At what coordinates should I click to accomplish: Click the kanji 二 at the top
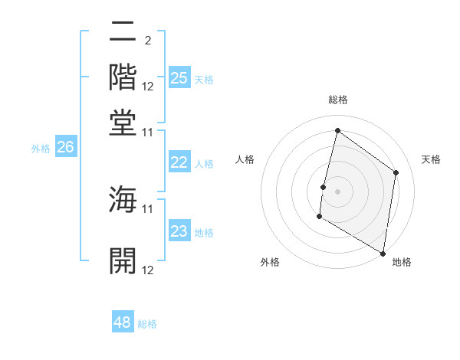[x=123, y=33]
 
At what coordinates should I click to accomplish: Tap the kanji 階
[x=123, y=78]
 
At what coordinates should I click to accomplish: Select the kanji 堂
[x=123, y=123]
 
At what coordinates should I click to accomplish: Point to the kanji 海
[x=123, y=200]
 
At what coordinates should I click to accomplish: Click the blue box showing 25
[x=179, y=78]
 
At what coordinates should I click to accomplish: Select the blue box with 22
[x=179, y=162]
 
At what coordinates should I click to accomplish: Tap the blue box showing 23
[x=179, y=232]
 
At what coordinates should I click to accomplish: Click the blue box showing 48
[x=123, y=322]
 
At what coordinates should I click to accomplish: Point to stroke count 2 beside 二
[x=147, y=41]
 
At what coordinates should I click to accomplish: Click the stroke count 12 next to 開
[x=148, y=270]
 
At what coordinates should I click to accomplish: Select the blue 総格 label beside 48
[x=147, y=324]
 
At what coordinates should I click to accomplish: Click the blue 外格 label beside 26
[x=41, y=149]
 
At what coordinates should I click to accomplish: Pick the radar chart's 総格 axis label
[x=337, y=100]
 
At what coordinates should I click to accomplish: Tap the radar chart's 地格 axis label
[x=402, y=262]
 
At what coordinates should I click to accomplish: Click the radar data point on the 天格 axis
[x=396, y=172]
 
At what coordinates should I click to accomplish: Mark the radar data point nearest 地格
[x=383, y=253]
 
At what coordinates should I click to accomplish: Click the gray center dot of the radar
[x=337, y=191]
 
